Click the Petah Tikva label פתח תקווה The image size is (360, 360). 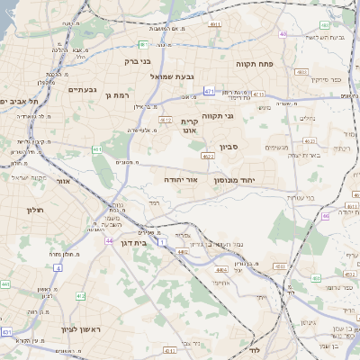pyautogui.click(x=259, y=64)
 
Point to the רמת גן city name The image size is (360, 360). pyautogui.click(x=119, y=94)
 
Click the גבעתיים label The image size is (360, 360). pyautogui.click(x=82, y=89)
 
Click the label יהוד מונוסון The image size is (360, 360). pyautogui.click(x=235, y=180)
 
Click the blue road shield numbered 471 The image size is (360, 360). pyautogui.click(x=209, y=91)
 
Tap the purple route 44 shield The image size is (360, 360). pyautogui.click(x=109, y=241)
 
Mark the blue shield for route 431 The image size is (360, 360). pyautogui.click(x=7, y=332)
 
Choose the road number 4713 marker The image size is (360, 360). pyautogui.click(x=258, y=94)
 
